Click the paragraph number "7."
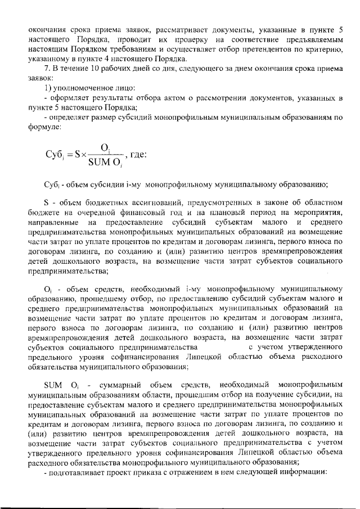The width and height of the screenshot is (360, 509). tap(47, 67)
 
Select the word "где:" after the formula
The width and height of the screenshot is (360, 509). tap(138, 155)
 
